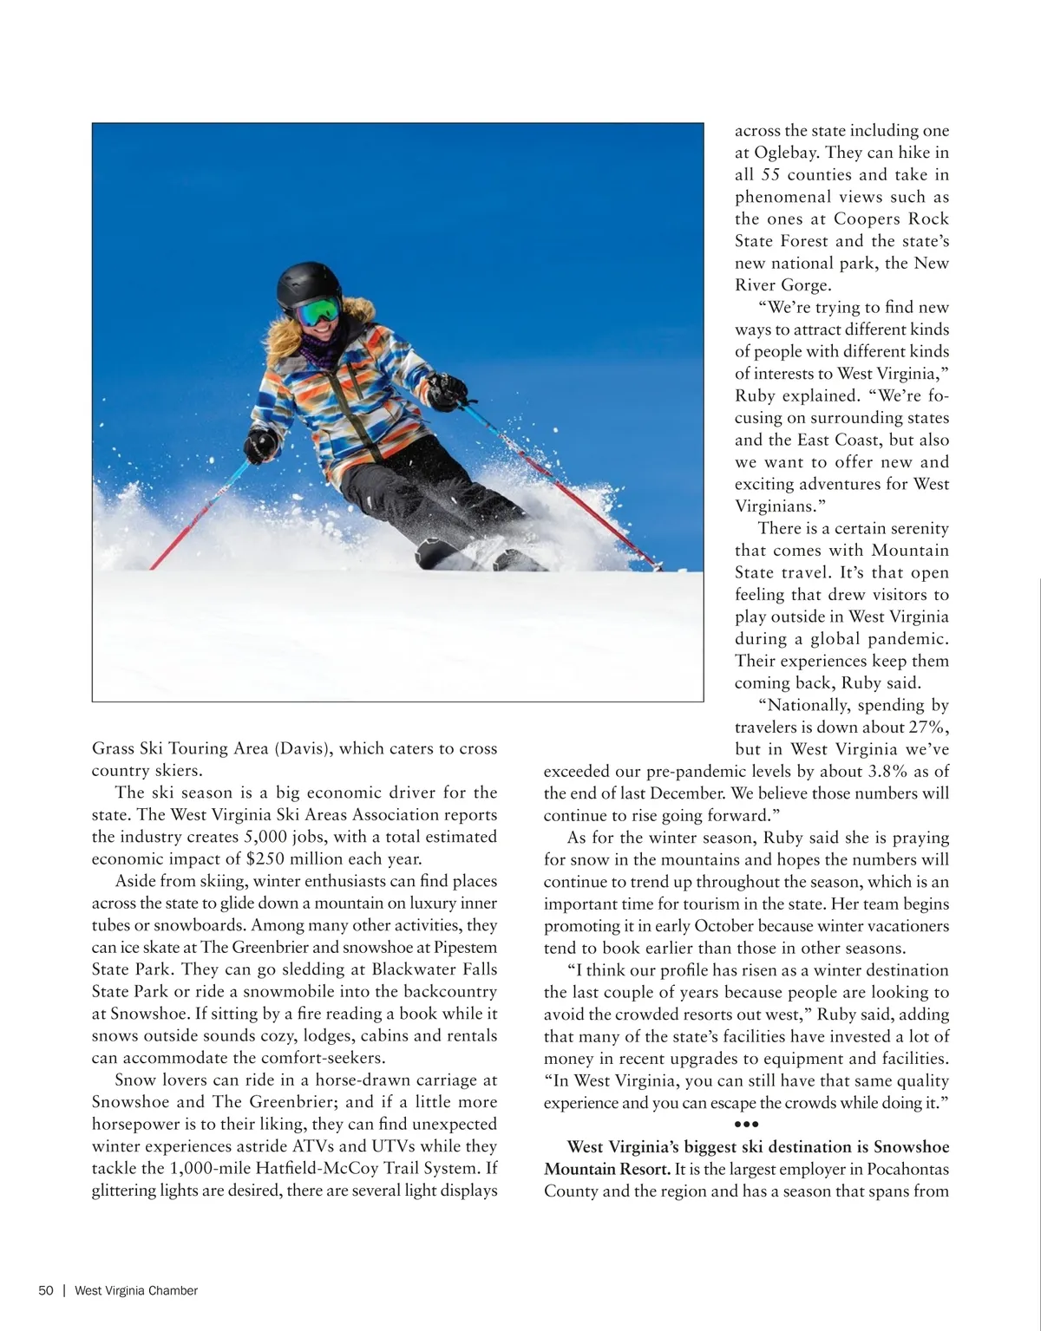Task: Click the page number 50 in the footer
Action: tap(46, 1290)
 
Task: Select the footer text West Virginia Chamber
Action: tap(136, 1290)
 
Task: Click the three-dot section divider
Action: tap(746, 1125)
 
